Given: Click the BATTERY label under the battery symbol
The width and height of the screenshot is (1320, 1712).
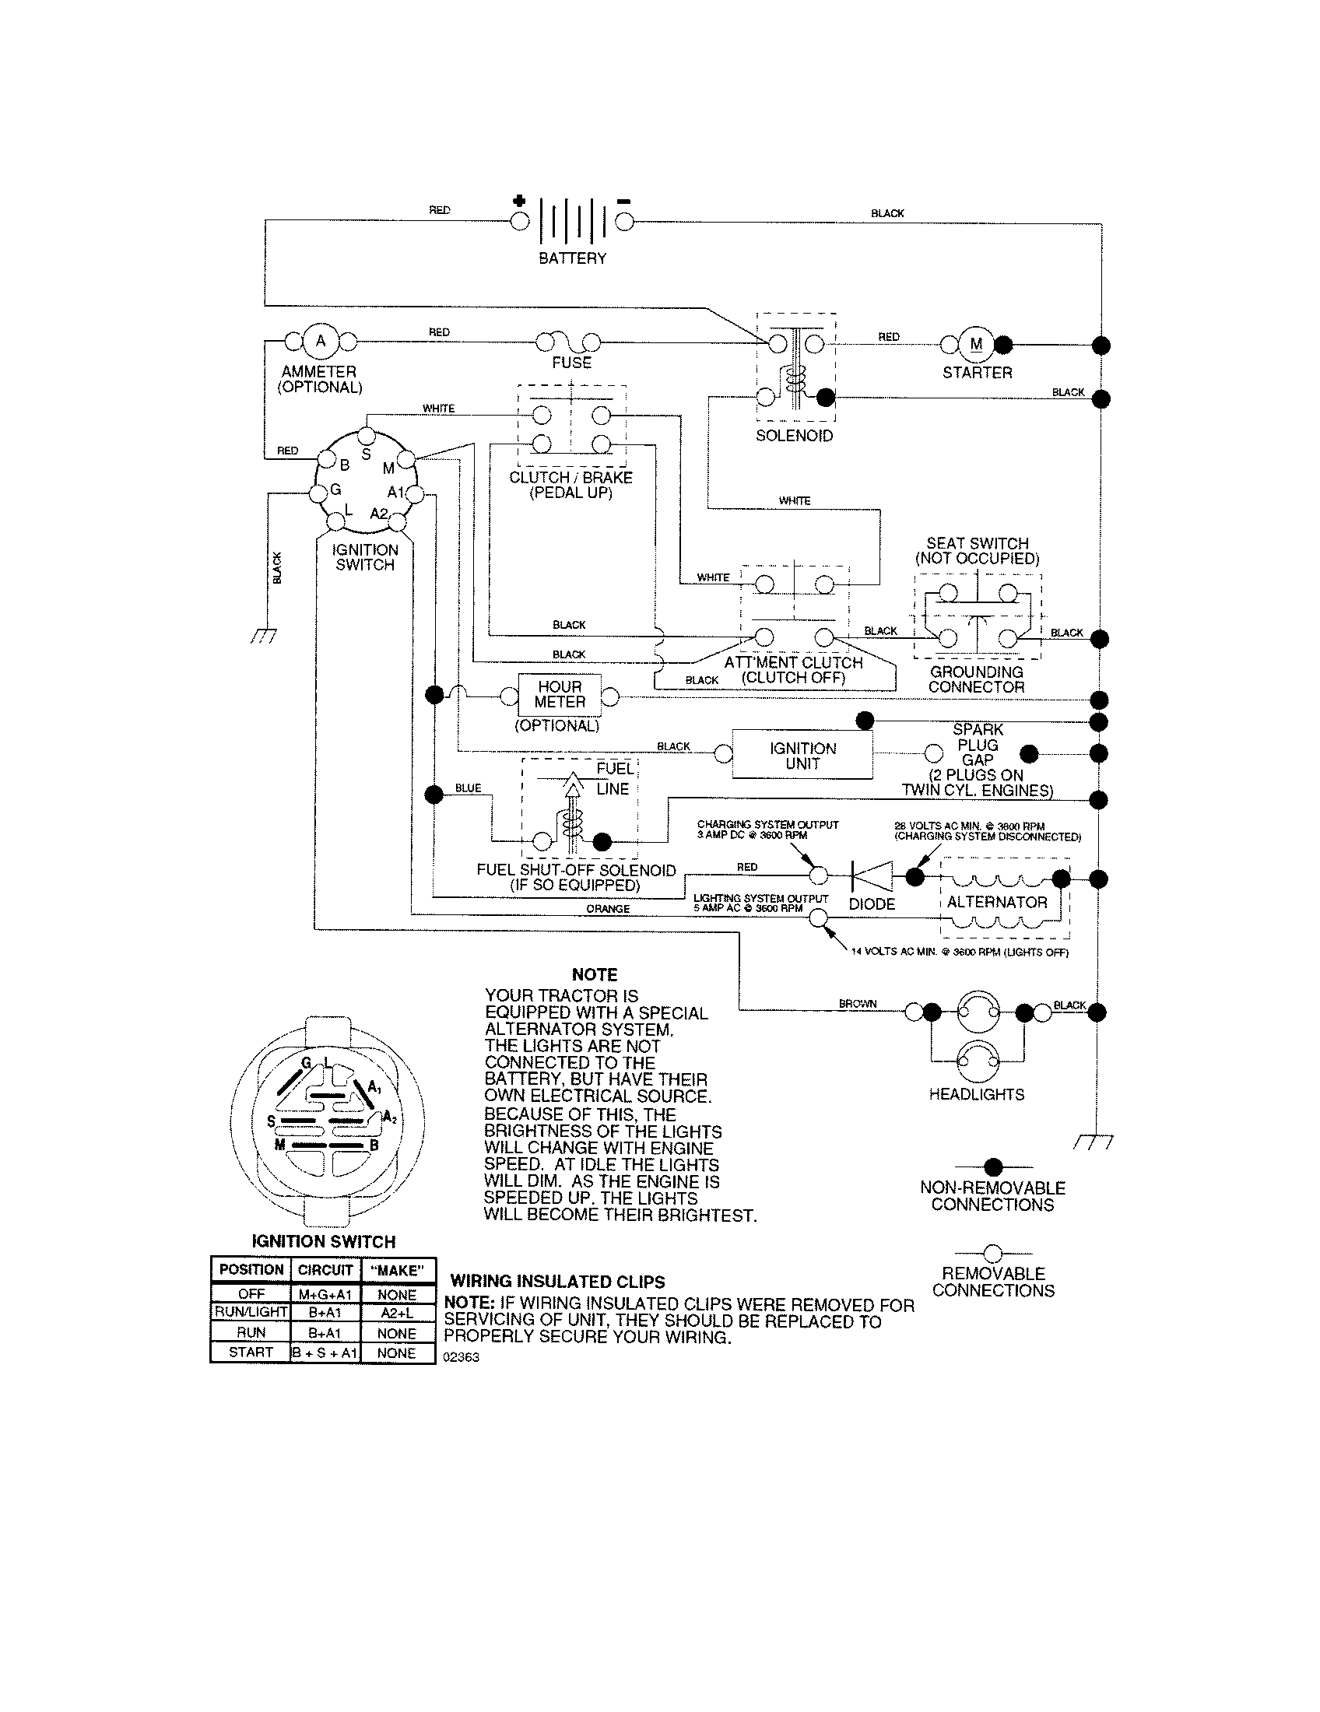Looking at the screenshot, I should [x=572, y=258].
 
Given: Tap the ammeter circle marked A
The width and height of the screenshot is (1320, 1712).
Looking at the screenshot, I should [x=320, y=342].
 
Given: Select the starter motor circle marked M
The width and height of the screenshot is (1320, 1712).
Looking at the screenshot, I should [x=977, y=344].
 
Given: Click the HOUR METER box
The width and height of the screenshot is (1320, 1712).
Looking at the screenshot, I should [x=560, y=694].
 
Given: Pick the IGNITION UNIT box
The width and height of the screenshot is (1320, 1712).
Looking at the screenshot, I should [x=802, y=756].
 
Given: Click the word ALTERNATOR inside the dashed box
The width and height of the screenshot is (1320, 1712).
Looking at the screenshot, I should [x=997, y=902].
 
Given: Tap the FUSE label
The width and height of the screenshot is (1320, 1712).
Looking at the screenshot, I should [x=571, y=363].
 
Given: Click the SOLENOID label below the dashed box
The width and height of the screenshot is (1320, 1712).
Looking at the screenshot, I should [x=794, y=436].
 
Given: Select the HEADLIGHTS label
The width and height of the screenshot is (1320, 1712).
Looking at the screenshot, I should [x=977, y=1094].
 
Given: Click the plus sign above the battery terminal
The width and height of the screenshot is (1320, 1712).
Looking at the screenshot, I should [x=519, y=202].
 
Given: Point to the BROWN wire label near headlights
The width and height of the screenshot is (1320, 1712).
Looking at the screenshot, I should [x=858, y=1003].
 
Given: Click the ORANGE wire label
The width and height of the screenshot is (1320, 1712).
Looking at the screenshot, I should [x=608, y=908].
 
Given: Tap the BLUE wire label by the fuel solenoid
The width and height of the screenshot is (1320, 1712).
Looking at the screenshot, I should [x=468, y=788].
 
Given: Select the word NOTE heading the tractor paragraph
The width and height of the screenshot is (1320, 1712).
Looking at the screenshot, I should [x=594, y=974].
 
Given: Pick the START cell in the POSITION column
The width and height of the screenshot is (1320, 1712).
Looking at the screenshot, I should [x=251, y=1352].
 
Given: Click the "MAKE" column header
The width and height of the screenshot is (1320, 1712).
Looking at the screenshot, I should [x=397, y=1270].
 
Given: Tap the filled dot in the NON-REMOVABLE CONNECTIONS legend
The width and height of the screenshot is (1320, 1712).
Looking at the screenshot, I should [x=993, y=1167].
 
